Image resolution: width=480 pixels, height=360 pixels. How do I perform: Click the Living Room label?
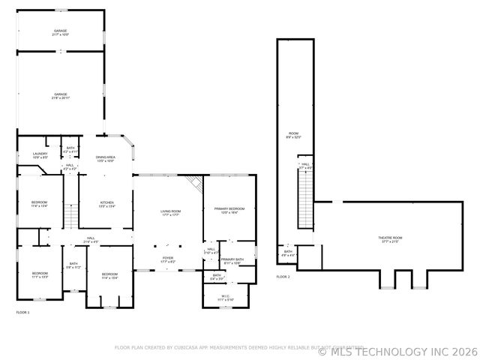(170, 213)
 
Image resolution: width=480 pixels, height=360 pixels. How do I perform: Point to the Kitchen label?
(107, 204)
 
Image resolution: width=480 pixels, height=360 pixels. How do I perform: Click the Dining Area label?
(106, 158)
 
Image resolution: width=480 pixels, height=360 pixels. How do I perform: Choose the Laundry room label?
(40, 155)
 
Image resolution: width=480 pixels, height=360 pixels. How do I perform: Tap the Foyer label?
(169, 259)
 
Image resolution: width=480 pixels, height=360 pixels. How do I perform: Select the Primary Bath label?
(231, 261)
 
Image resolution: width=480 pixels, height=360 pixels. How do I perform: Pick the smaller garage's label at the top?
(60, 32)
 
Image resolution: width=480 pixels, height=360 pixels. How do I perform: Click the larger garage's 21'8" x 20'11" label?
(60, 96)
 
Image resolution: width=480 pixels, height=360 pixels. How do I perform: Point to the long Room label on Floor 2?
(293, 135)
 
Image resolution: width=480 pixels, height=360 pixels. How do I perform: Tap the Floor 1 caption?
(22, 312)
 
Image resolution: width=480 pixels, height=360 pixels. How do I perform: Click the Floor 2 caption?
(283, 277)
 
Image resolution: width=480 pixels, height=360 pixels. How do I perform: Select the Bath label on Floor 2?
(288, 253)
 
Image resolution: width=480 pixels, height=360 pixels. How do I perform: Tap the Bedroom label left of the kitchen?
(39, 204)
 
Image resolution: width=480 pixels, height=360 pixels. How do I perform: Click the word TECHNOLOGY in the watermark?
(390, 351)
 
